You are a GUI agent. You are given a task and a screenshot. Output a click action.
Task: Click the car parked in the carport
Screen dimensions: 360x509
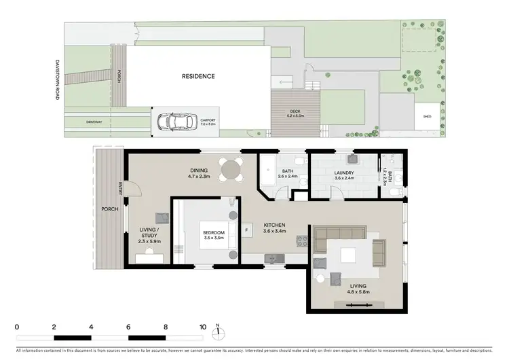pos(172,122)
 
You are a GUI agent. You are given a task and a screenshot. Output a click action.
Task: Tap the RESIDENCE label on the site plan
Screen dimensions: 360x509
pos(198,77)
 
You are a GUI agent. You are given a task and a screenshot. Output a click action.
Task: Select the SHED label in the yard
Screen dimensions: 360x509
pos(426,115)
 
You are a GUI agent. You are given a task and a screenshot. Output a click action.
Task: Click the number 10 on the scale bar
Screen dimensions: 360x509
pos(202,327)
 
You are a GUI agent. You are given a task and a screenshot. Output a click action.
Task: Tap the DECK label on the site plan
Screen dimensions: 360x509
pos(295,111)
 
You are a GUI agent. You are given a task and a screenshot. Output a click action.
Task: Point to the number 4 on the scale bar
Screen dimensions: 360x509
pos(91,327)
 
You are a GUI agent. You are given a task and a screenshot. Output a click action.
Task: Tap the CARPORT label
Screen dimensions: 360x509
pos(207,121)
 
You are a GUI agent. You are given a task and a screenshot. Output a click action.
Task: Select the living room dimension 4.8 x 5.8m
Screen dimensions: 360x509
pos(351,293)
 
